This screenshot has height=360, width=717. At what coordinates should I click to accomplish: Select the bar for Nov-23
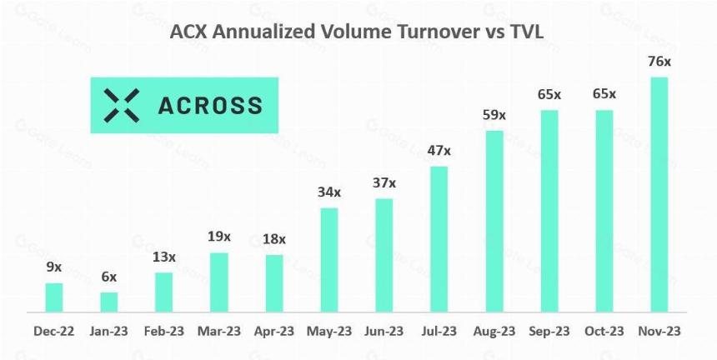[x=659, y=195]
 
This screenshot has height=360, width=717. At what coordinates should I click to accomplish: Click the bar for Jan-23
[x=109, y=302]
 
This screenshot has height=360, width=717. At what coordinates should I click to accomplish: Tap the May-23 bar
[x=329, y=260]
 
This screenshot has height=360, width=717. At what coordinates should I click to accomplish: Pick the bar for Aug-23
[x=494, y=222]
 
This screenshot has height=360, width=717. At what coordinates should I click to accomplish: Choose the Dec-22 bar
[x=54, y=297]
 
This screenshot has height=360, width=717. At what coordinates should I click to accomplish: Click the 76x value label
[x=659, y=61]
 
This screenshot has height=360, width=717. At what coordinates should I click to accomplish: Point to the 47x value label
[x=439, y=150]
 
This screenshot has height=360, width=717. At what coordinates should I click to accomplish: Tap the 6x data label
[x=109, y=277]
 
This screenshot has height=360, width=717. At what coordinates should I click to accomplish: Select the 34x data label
[x=329, y=192]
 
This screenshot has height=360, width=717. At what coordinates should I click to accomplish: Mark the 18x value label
[x=274, y=239]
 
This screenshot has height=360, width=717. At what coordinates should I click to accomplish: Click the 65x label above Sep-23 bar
[x=549, y=94]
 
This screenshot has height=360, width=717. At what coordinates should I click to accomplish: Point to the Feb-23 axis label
[x=163, y=331]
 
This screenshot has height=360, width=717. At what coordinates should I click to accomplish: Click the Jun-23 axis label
[x=384, y=331]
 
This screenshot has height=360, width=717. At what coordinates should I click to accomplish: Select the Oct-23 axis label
[x=604, y=331]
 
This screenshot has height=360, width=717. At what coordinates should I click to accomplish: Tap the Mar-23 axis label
[x=218, y=331]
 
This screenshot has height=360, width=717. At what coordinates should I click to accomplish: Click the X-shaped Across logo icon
[x=121, y=106]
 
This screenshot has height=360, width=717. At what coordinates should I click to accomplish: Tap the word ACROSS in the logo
[x=210, y=106]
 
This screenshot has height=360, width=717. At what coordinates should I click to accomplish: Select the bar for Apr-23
[x=274, y=283]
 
